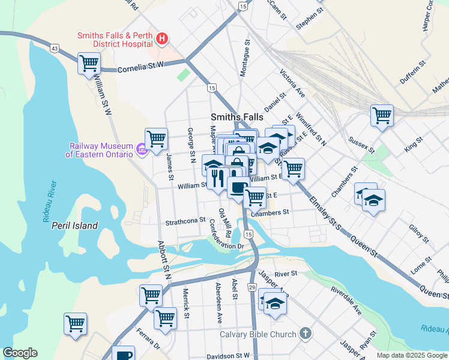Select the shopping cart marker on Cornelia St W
(89, 62)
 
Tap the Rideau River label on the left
(49, 201)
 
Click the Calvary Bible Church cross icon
(306, 334)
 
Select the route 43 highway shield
(55, 47)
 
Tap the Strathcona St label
(185, 221)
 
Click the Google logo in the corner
(20, 353)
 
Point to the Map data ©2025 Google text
(411, 355)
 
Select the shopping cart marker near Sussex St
(382, 114)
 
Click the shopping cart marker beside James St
(156, 138)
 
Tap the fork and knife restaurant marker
(218, 178)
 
